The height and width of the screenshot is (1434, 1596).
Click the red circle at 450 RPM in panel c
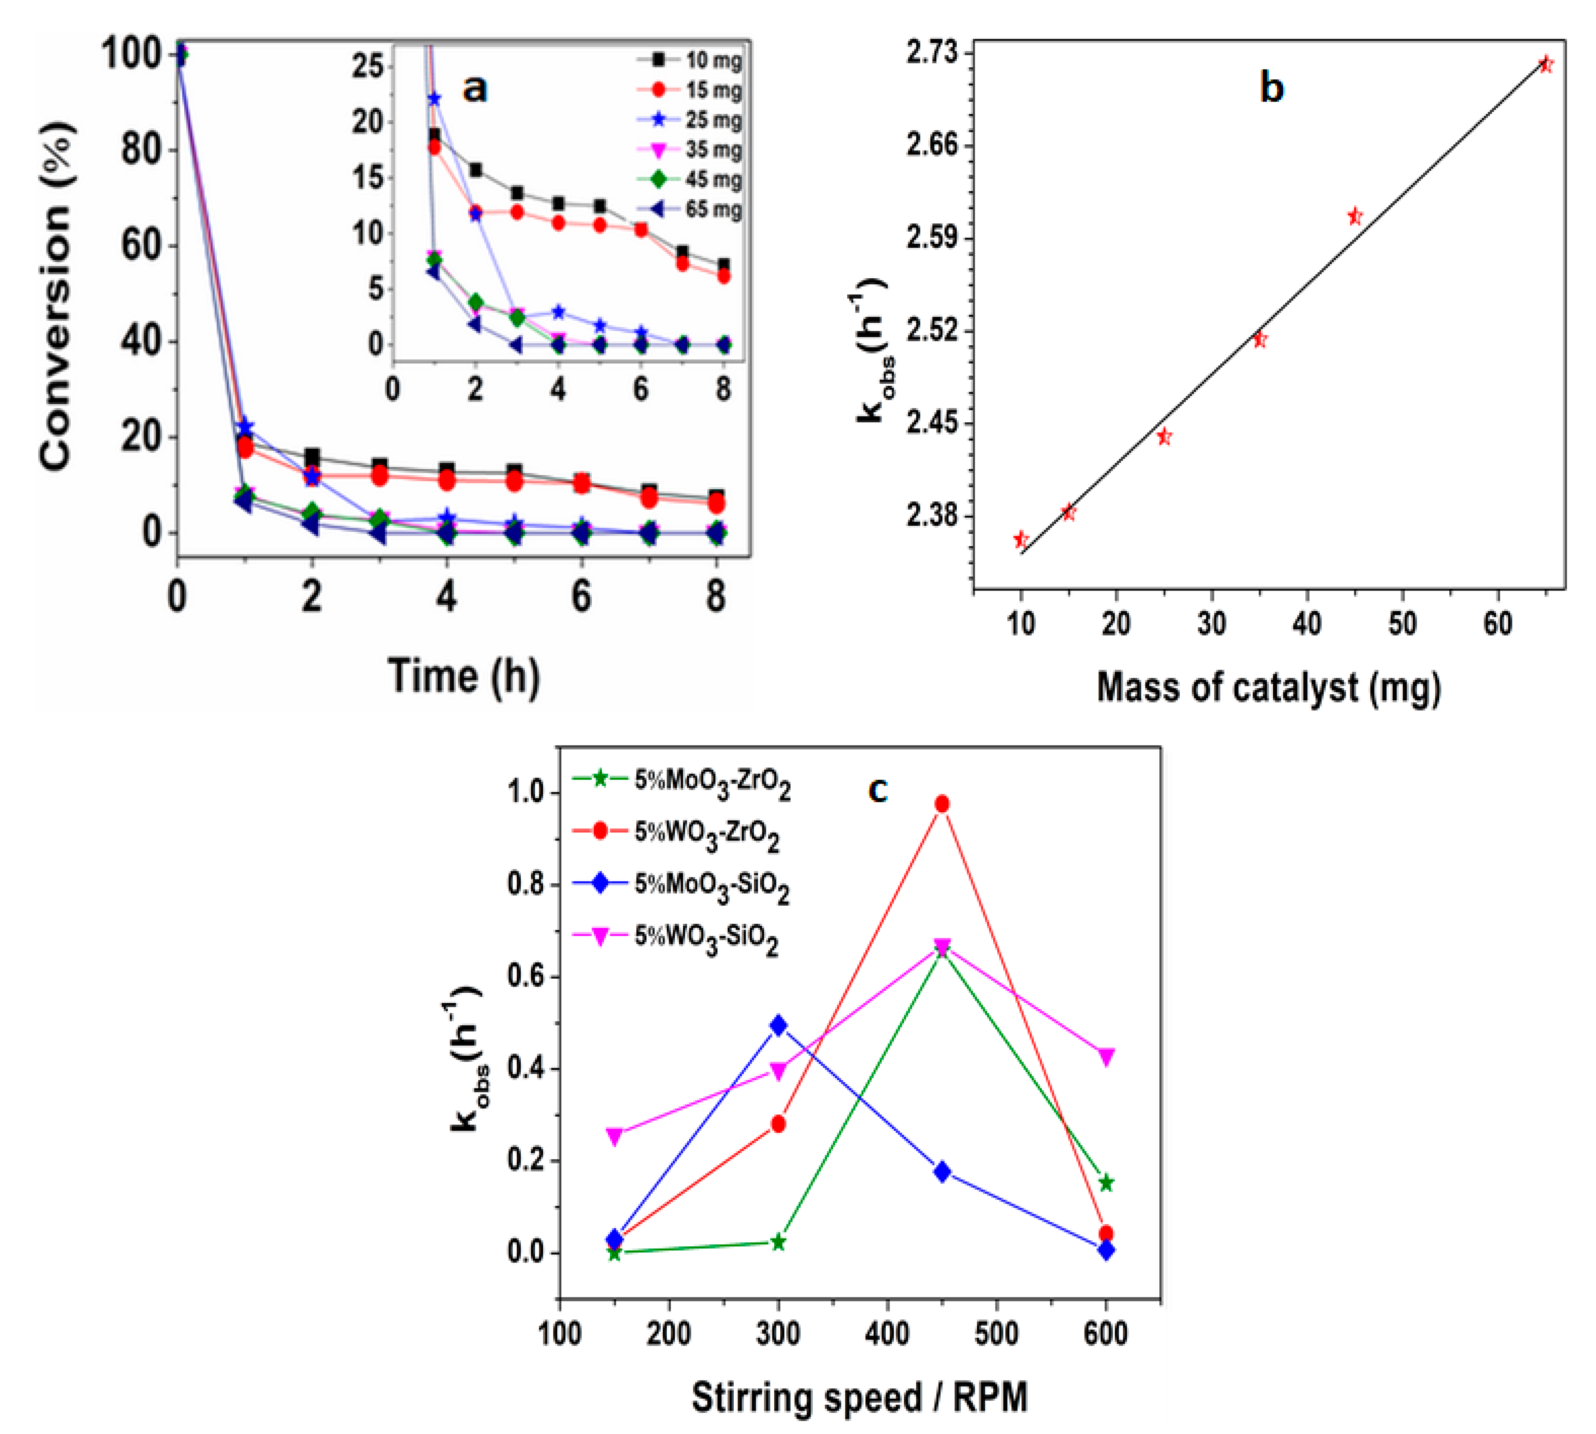click(x=942, y=804)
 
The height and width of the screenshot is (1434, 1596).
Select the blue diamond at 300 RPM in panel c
click(x=778, y=1025)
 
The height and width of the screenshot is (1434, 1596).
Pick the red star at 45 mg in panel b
click(x=1355, y=216)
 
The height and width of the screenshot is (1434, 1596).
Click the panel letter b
click(x=1271, y=88)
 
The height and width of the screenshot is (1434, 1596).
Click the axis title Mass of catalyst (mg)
click(x=1268, y=687)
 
